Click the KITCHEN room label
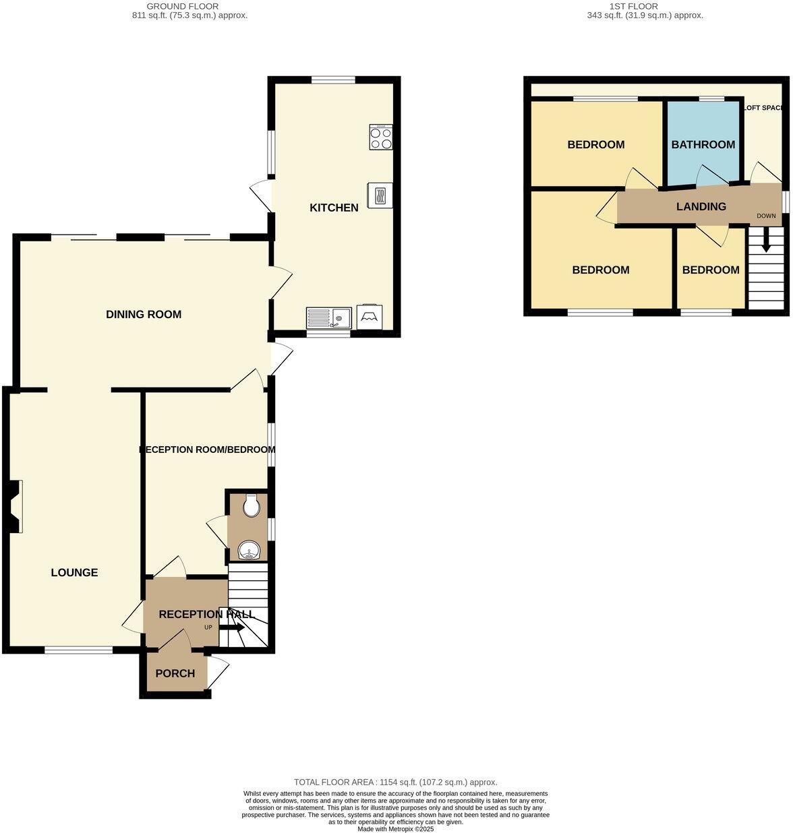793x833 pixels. (x=334, y=208)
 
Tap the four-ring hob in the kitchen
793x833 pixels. (x=381, y=137)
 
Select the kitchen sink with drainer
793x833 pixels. (x=328, y=317)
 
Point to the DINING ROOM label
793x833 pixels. (x=144, y=314)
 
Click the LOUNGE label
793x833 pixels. (x=74, y=572)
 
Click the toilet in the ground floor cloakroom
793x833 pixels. (x=252, y=505)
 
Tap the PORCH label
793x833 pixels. (x=175, y=673)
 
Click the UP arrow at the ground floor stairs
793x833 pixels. (x=232, y=627)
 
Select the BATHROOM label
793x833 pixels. (x=703, y=144)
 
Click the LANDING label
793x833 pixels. (x=701, y=207)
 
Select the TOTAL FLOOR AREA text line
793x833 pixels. (x=396, y=782)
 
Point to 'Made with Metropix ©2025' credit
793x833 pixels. (x=396, y=829)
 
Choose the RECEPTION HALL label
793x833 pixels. (x=206, y=614)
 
